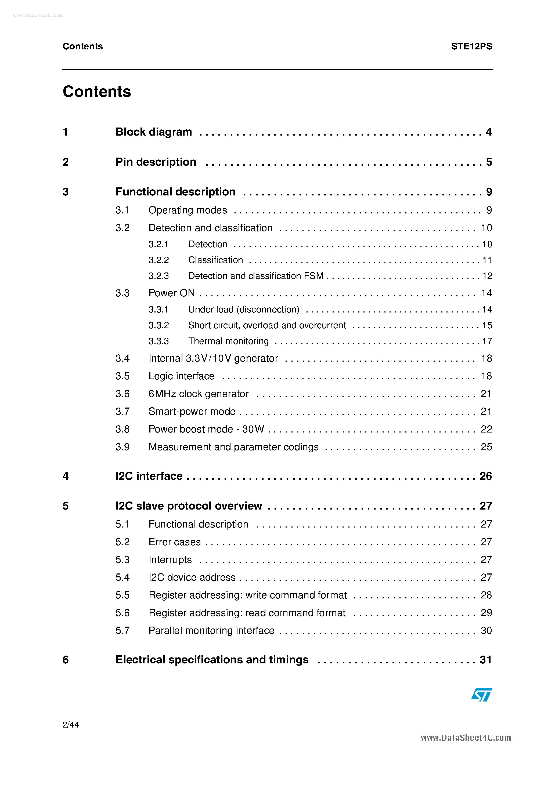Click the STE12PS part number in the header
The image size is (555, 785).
471,46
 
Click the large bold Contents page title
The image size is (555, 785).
97,92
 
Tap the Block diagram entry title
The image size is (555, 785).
154,132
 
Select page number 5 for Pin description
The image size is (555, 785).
489,162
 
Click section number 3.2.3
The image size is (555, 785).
158,276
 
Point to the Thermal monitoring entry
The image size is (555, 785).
228,341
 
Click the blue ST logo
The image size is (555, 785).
481,695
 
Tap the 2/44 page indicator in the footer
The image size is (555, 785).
70,725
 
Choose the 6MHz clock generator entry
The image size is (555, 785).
199,394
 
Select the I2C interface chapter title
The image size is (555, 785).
149,476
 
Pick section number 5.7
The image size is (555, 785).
122,630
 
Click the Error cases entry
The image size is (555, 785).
175,542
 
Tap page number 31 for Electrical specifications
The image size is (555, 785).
485,660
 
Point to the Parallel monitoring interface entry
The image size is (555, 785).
211,630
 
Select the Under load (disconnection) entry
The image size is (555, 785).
244,310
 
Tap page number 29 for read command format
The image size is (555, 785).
486,613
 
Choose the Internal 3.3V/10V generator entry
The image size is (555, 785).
213,358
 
